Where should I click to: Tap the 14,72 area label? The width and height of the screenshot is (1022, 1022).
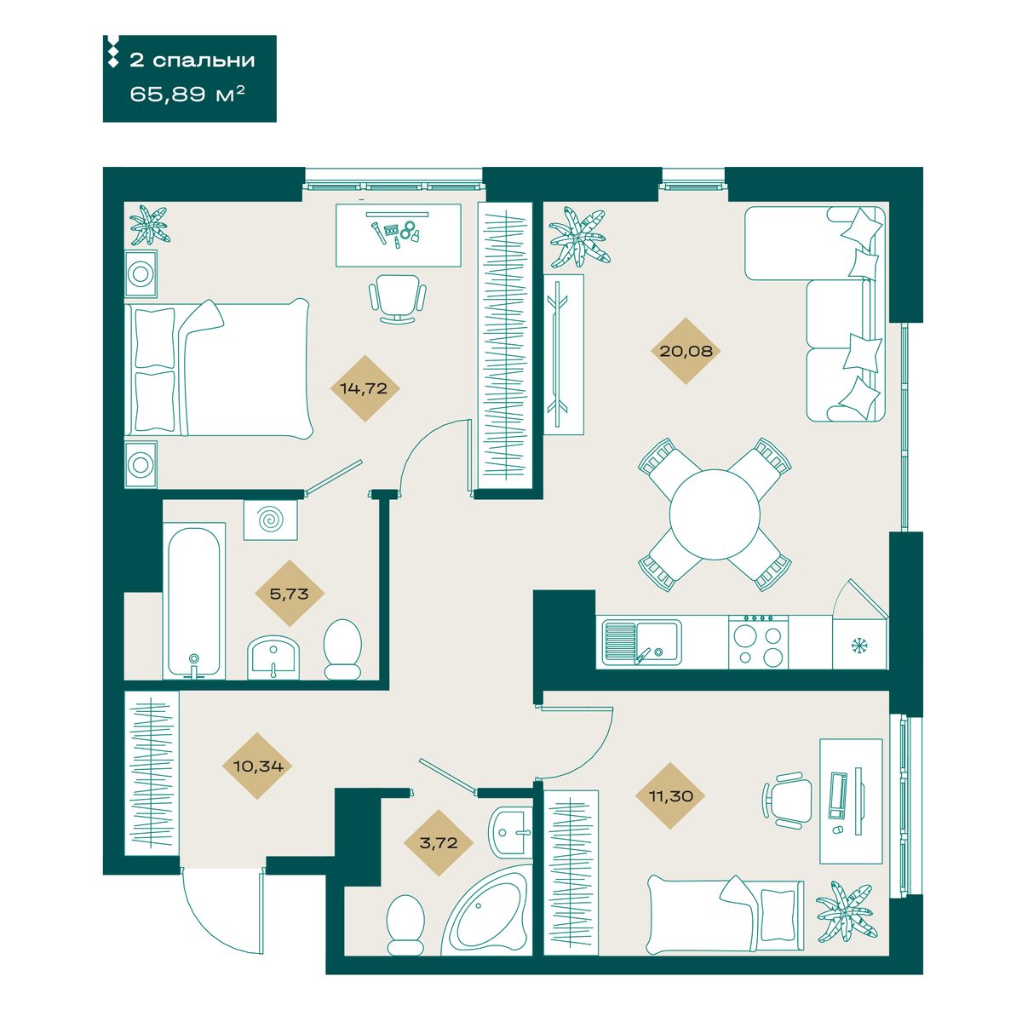tap(364, 388)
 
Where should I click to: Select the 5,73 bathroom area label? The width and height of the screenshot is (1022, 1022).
tap(289, 594)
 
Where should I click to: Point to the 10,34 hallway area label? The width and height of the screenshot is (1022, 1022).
tap(258, 766)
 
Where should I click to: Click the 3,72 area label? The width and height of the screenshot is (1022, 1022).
tap(438, 843)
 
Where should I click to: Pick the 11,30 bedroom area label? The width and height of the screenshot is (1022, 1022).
tap(671, 796)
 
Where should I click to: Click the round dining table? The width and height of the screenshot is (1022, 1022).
tap(715, 514)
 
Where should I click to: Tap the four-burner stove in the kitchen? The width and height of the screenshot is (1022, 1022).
tap(758, 642)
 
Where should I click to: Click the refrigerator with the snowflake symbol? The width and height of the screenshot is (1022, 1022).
tap(859, 642)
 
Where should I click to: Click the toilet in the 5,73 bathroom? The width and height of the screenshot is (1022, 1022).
tap(342, 649)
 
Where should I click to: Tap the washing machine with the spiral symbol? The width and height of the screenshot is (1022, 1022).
tap(271, 520)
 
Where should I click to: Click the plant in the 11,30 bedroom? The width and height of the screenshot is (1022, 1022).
tap(844, 911)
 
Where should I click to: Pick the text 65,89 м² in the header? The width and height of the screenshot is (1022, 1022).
tap(187, 95)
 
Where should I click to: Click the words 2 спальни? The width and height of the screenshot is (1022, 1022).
tap(192, 60)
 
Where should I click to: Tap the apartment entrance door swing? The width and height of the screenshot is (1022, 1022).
tap(222, 913)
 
